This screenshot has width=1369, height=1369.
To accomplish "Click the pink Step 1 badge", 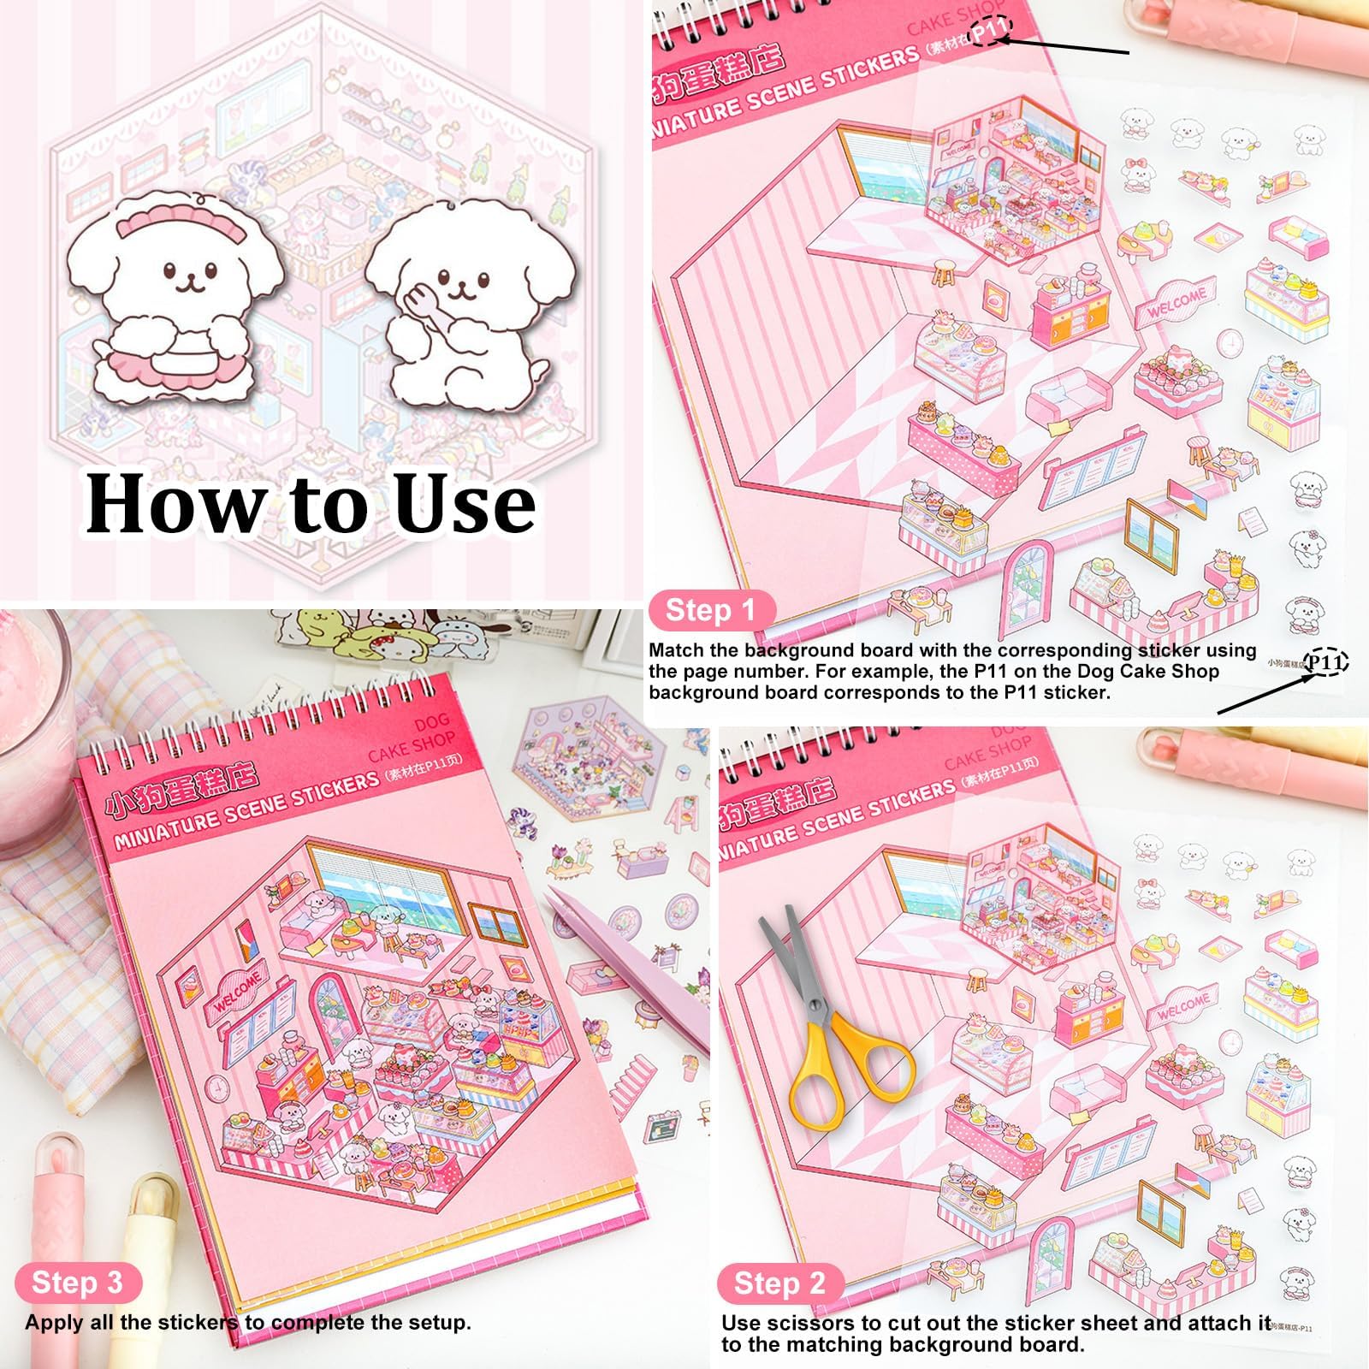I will point(710,610).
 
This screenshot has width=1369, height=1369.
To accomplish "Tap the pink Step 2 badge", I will point(779,1283).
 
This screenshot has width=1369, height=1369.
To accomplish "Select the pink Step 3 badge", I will point(77,1283).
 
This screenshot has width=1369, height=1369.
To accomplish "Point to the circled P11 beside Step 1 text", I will point(1325,662).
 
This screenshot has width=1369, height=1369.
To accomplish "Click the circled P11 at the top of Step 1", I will point(992,32).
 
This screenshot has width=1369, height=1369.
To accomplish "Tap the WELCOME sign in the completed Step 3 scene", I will point(237,990).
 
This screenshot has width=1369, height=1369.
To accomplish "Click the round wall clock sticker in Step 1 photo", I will point(1229,343).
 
